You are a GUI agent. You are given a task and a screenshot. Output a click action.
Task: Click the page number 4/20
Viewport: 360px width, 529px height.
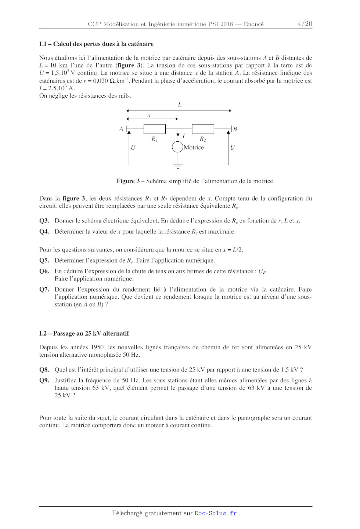click(305, 24)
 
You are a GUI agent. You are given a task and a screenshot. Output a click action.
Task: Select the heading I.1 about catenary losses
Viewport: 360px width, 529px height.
click(96, 44)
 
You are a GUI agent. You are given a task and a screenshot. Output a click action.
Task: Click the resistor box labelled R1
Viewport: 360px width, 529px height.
click(154, 129)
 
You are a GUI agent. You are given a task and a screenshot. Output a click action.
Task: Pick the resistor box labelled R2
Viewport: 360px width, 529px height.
click(203, 129)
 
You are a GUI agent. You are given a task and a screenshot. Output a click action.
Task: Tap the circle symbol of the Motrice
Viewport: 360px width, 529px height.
click(178, 147)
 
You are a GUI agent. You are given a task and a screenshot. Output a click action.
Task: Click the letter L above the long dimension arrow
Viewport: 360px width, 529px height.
click(180, 105)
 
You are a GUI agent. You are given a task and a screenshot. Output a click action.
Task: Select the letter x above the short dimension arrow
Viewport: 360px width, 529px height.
click(149, 115)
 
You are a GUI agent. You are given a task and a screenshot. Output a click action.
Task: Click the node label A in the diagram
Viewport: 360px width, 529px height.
click(121, 129)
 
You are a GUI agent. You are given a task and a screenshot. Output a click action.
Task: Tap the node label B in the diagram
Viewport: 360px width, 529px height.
click(235, 129)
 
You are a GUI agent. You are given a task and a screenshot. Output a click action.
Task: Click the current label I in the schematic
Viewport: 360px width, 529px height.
click(184, 136)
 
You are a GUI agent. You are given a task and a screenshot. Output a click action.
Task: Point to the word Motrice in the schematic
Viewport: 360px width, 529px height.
click(194, 147)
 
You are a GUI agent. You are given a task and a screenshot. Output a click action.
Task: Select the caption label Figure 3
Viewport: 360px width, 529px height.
click(128, 181)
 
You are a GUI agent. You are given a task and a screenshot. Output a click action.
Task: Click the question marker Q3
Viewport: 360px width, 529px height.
click(44, 221)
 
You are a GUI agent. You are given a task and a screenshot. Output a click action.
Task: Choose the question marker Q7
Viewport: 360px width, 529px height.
click(44, 289)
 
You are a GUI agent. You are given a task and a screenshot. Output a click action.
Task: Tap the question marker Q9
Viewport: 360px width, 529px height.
click(44, 380)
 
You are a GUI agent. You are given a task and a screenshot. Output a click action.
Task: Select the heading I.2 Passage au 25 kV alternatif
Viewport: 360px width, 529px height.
click(84, 333)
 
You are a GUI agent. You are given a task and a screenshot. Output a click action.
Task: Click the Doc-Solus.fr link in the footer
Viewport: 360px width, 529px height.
click(216, 513)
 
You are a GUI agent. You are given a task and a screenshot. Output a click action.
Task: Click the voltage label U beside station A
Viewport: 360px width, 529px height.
click(133, 148)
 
